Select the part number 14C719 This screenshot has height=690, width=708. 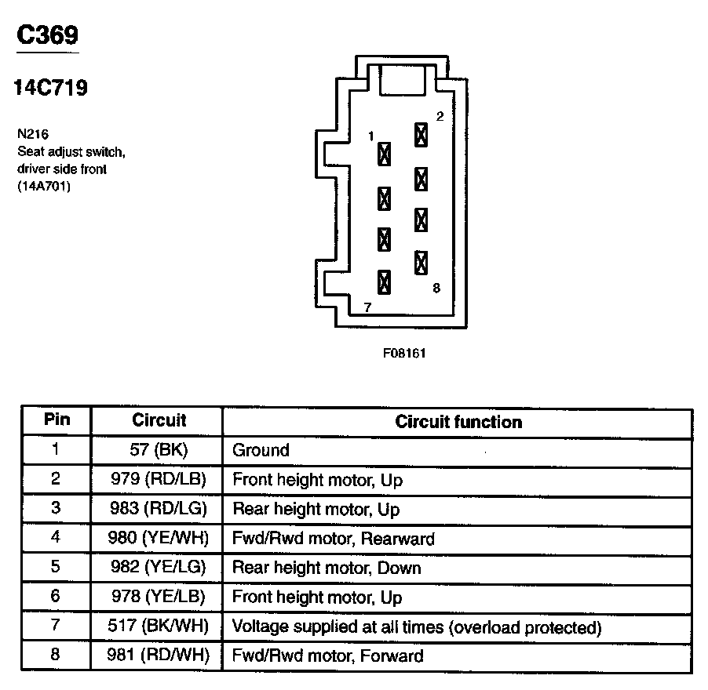50,88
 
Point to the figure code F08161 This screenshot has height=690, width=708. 404,353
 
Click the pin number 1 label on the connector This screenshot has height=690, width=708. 370,136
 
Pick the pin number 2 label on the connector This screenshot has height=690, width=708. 440,117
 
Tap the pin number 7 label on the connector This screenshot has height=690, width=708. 366,307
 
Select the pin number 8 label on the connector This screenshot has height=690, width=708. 436,289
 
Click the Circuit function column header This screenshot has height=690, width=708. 458,422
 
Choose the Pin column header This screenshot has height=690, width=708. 57,420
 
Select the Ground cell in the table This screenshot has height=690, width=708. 261,450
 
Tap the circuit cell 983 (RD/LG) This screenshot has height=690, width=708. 157,509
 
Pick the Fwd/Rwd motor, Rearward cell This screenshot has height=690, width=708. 334,539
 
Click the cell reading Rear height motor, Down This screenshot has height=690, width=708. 327,568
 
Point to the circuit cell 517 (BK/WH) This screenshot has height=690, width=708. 157,627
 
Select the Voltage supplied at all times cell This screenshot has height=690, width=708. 417,627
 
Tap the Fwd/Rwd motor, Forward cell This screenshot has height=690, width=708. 327,656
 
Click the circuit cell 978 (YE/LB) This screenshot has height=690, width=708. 157,597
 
